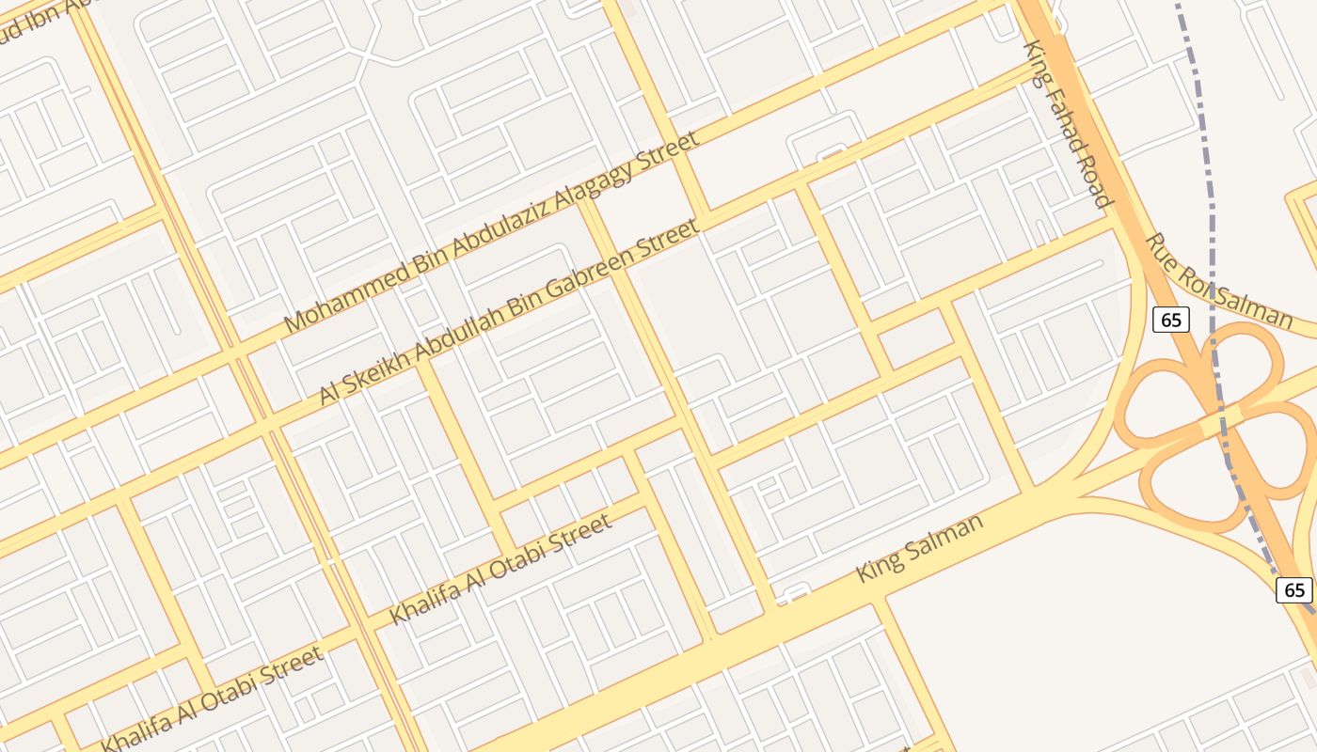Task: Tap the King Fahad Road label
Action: [1068, 122]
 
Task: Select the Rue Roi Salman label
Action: [1217, 282]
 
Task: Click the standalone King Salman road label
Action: [920, 547]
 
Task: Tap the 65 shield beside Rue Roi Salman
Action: [1170, 320]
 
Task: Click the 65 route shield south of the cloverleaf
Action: [1294, 590]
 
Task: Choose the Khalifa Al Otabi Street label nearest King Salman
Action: [500, 570]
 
